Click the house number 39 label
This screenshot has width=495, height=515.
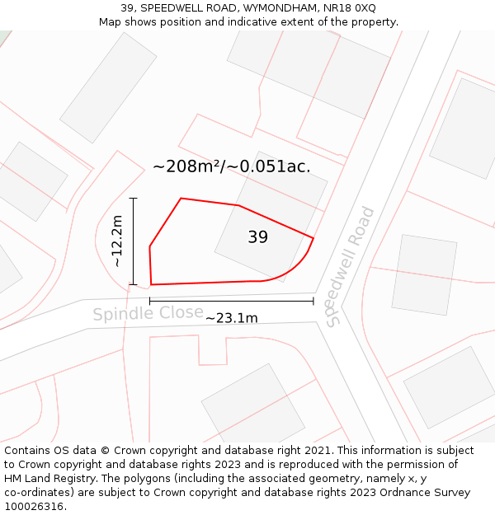click(x=257, y=237)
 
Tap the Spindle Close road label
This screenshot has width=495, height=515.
click(x=148, y=313)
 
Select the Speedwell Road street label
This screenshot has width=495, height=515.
click(x=350, y=266)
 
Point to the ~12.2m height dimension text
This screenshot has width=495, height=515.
click(x=117, y=241)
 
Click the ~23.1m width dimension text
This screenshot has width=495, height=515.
click(x=231, y=318)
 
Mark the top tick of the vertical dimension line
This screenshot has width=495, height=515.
click(x=133, y=198)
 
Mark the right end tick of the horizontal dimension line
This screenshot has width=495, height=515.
click(x=313, y=301)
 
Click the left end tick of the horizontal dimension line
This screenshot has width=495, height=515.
click(x=149, y=301)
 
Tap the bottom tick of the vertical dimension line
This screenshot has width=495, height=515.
click(x=133, y=284)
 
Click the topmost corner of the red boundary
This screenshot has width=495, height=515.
click(x=181, y=199)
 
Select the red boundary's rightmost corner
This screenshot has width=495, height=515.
click(x=313, y=239)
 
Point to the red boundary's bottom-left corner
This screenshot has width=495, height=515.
click(x=151, y=284)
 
